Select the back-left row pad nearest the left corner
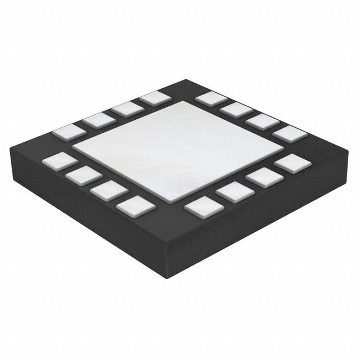68,133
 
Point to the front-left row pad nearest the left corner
58,161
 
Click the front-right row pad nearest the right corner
292,164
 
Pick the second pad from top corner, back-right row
236,110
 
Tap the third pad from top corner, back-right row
263,121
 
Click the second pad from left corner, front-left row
83,175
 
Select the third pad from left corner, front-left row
109,190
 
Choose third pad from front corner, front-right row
263,178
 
